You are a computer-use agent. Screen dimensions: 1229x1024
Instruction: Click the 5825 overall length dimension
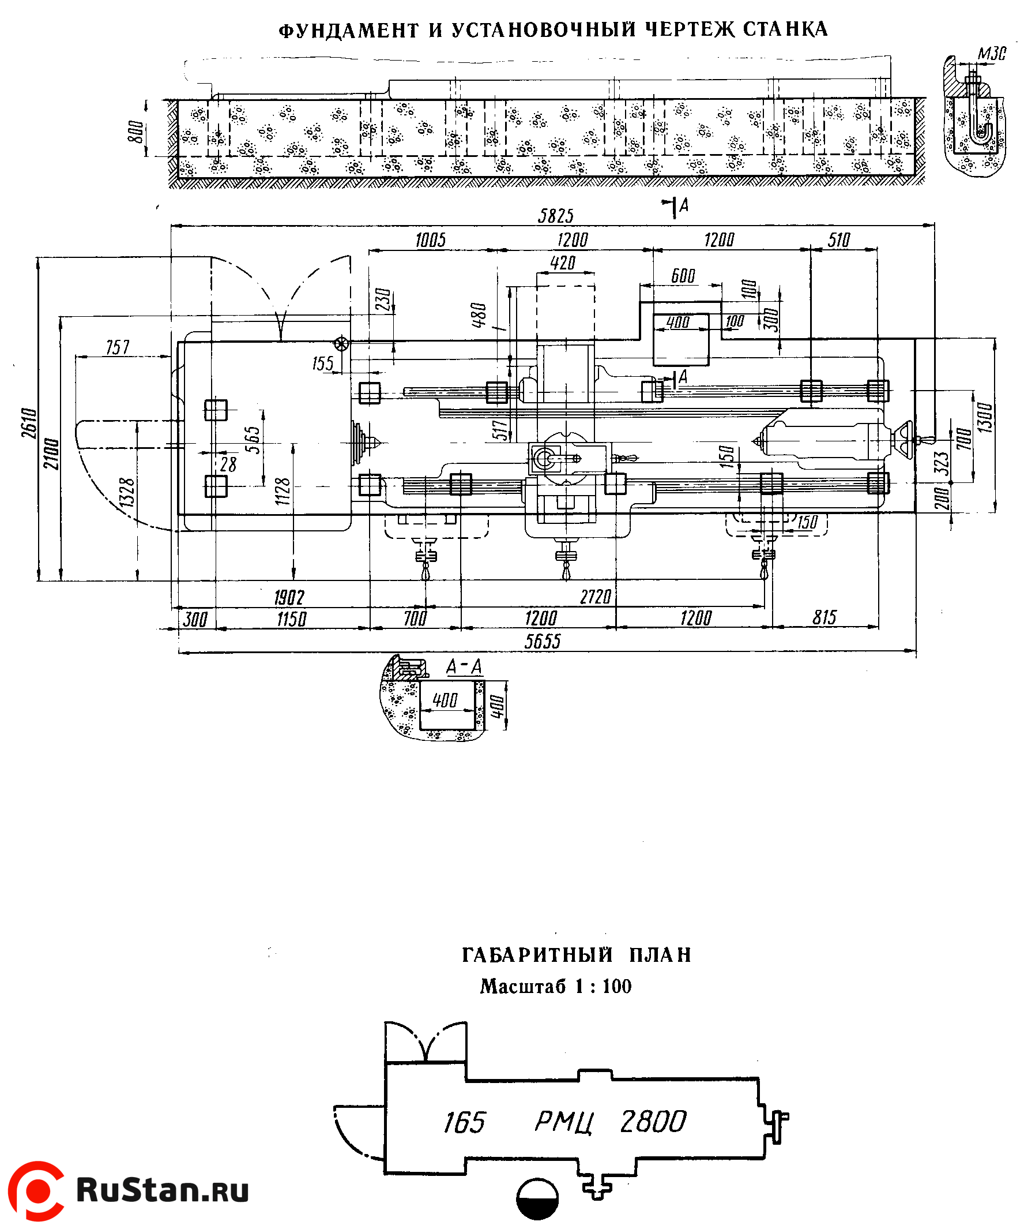[x=555, y=216]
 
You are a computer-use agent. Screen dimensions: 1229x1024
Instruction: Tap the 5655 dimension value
[x=542, y=642]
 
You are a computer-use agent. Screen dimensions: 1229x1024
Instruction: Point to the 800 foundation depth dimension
[x=135, y=131]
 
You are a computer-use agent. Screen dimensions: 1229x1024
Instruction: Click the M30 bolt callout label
[x=992, y=54]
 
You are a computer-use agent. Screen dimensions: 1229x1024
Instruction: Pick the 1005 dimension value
[x=431, y=240]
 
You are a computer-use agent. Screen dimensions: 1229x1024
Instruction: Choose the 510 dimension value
[x=838, y=240]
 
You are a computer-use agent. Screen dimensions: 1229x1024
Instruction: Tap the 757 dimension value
[x=118, y=347]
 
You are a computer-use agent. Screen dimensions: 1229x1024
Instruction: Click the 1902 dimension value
[x=289, y=598]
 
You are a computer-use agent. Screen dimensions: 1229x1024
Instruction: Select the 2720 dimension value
[x=596, y=597]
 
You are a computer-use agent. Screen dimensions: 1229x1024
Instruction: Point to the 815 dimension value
[x=825, y=617]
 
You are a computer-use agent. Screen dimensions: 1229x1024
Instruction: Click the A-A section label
[x=464, y=667]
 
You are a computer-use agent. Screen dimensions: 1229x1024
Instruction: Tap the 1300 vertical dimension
[x=985, y=417]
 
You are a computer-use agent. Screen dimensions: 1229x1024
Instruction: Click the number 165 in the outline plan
[x=464, y=1122]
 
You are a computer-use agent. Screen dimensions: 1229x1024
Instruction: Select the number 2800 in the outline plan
[x=653, y=1121]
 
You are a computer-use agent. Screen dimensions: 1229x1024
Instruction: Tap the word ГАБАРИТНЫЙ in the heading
[x=537, y=955]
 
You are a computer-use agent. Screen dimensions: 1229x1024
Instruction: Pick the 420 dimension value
[x=563, y=263]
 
